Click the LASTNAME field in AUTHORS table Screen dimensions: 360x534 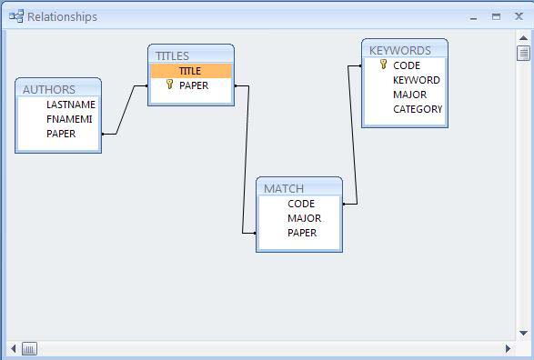pyautogui.click(x=70, y=105)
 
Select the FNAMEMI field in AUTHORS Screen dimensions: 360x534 pyautogui.click(x=69, y=119)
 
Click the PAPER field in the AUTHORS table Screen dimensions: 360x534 pyautogui.click(x=61, y=134)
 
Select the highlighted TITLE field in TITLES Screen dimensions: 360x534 pyautogui.click(x=190, y=71)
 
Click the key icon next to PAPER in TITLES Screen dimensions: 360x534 pyautogui.click(x=169, y=85)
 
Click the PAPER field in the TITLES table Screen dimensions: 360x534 pyautogui.click(x=193, y=85)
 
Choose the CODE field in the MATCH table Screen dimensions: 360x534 pyautogui.click(x=300, y=204)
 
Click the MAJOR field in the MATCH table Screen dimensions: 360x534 pyautogui.click(x=304, y=218)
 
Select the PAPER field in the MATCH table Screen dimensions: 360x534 pyautogui.click(x=302, y=233)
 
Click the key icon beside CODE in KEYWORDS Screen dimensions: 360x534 pyautogui.click(x=383, y=65)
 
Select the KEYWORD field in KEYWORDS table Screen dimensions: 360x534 pyautogui.click(x=416, y=80)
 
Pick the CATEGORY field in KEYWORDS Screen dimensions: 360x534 pyautogui.click(x=418, y=109)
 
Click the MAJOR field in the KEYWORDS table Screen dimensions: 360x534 pyautogui.click(x=409, y=95)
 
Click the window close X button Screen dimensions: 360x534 pyautogui.click(x=519, y=16)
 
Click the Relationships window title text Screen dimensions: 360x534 pyautogui.click(x=62, y=16)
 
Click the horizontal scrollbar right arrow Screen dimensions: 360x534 pyautogui.click(x=509, y=348)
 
